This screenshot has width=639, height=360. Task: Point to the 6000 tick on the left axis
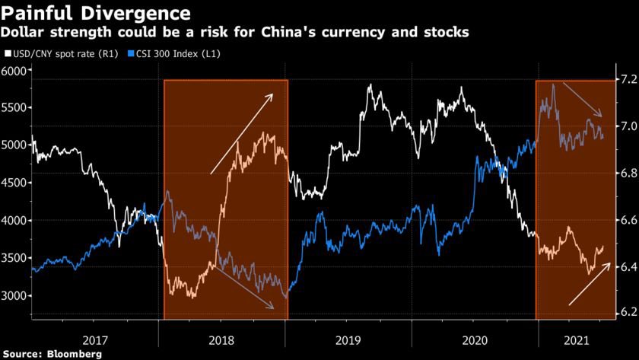coord(14,71)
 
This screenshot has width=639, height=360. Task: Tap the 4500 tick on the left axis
coord(14,183)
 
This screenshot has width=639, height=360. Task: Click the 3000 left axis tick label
coord(14,295)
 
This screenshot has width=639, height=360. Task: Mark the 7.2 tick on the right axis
coord(625,79)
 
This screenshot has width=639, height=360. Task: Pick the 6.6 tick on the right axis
coord(625,220)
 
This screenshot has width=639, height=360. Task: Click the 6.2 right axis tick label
coord(625,313)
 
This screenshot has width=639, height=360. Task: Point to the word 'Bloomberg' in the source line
coord(75,354)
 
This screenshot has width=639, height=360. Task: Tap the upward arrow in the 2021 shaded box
coord(590,284)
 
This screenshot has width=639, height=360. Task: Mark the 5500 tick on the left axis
coord(14,108)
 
